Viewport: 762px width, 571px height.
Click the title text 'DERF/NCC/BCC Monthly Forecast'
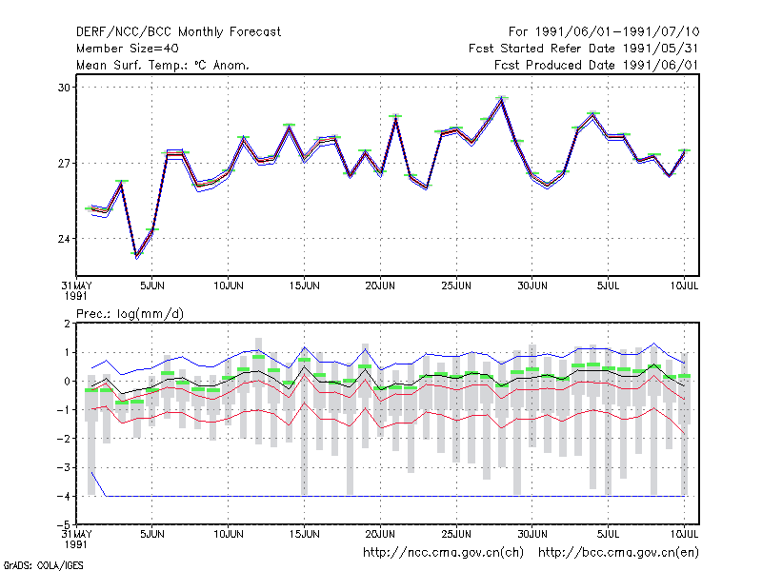click(x=178, y=32)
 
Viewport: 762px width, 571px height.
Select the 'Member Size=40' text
click(x=128, y=49)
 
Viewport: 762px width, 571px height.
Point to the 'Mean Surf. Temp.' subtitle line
click(x=163, y=65)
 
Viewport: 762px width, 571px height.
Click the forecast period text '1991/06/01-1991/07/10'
click(x=617, y=32)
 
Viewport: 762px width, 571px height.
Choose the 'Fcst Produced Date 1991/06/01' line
click(x=596, y=65)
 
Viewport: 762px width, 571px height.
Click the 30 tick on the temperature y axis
click(x=64, y=88)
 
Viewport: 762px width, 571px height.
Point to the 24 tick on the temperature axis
click(x=64, y=239)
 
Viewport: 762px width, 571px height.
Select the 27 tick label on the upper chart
click(x=64, y=163)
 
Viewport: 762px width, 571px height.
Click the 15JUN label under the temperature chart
click(x=304, y=285)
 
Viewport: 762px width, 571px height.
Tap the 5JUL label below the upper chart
click(x=609, y=285)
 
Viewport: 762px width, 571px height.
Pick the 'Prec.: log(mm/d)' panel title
click(x=130, y=314)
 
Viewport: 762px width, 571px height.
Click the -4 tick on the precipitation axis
click(x=63, y=496)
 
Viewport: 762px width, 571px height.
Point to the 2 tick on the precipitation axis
click(x=67, y=324)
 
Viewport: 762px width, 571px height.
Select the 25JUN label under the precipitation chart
click(x=456, y=534)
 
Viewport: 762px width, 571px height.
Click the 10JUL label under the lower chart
click(x=684, y=534)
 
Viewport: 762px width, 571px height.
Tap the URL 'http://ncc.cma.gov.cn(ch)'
click(x=443, y=553)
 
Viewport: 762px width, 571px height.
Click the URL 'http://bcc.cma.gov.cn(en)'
click(x=618, y=553)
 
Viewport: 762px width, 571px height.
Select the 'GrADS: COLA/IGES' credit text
click(x=43, y=565)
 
